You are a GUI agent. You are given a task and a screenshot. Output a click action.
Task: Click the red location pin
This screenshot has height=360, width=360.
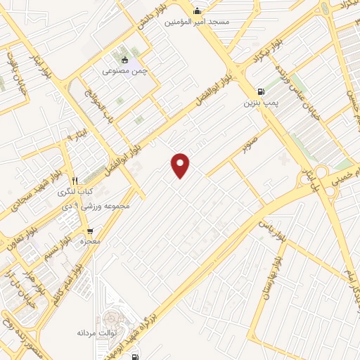coord(181,165)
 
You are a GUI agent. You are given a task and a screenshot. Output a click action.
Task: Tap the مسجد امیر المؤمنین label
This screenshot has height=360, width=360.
coord(198,22)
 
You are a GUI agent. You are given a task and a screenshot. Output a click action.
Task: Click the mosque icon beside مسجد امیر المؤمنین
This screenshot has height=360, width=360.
coord(198,11)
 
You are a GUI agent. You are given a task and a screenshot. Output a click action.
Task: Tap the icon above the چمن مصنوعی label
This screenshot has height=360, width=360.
coord(125,59)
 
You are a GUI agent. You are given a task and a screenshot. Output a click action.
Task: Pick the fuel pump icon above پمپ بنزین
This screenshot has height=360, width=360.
coord(262,91)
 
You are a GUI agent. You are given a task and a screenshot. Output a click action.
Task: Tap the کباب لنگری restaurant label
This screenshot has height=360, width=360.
coord(75,191)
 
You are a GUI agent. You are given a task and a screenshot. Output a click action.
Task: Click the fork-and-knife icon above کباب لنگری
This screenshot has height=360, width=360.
coord(75,180)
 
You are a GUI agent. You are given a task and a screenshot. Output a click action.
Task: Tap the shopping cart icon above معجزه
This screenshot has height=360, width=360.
coord(90,230)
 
